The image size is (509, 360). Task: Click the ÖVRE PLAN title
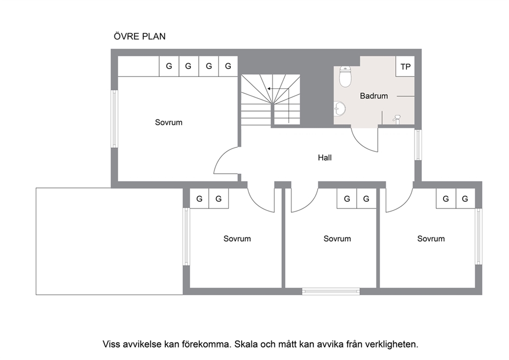point(140,36)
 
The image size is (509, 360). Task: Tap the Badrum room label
point(374,96)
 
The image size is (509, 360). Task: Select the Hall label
point(325,158)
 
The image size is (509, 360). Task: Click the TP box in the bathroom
point(405,67)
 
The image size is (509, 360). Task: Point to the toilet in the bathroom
point(345,77)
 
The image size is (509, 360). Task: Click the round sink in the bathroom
point(340,108)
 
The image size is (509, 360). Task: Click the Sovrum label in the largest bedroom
point(168,123)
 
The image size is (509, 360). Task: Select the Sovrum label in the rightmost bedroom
point(431,239)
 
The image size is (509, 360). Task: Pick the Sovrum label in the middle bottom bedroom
point(337,239)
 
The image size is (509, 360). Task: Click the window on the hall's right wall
point(418,145)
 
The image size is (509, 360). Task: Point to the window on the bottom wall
point(331,292)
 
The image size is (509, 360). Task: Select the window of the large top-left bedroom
point(114,119)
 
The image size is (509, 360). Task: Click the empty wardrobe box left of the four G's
point(139,66)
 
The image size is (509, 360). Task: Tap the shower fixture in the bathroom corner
point(397,118)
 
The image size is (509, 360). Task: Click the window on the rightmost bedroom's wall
point(479,236)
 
